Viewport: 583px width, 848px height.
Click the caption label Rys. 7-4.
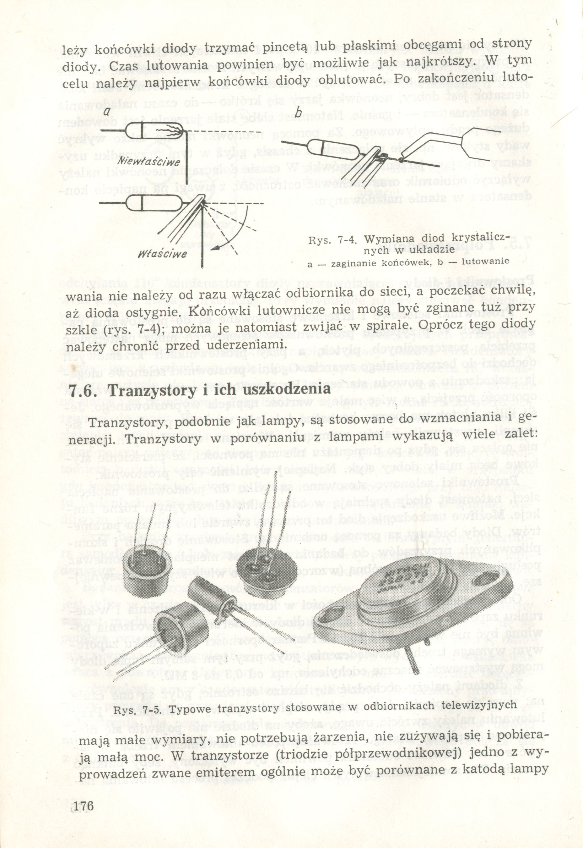point(332,241)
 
